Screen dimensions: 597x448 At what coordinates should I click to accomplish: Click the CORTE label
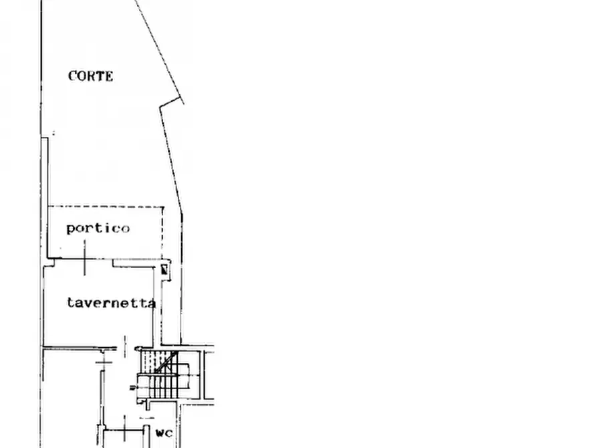91,76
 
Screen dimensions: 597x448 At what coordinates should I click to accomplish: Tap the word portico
98,229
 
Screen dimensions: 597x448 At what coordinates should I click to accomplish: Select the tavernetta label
111,303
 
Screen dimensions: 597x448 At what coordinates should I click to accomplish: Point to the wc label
164,433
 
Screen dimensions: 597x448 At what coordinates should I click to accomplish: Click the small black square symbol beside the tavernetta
164,269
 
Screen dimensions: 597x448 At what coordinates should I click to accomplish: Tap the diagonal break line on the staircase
166,362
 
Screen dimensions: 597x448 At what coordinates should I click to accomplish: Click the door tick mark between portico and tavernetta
84,257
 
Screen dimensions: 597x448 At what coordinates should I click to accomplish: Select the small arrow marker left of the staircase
133,388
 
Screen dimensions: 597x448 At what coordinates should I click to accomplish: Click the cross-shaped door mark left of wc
124,430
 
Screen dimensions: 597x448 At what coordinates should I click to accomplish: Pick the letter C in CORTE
72,76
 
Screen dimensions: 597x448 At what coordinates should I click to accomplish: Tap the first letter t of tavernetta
70,302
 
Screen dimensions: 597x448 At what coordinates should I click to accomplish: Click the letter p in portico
71,229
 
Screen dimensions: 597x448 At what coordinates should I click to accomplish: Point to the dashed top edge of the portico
106,207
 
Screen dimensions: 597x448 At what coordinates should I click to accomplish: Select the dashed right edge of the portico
163,233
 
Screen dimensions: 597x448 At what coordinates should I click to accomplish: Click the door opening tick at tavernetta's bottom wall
124,346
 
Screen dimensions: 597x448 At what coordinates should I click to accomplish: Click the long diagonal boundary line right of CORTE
160,51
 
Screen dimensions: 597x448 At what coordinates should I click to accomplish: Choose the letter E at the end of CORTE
108,76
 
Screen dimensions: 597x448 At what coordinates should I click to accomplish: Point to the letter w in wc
160,433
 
